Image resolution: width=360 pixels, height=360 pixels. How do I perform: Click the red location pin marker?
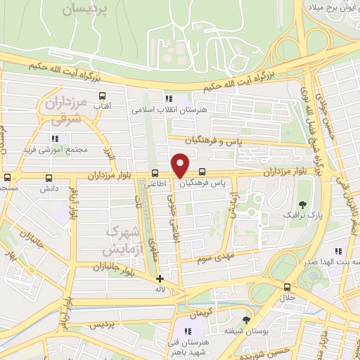coord(180,165)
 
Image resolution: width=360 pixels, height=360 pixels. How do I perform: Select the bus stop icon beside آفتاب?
coord(103,96)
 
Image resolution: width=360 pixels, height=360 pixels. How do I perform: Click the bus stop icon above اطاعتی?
coord(155,173)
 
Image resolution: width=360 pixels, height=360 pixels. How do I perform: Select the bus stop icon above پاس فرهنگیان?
coord(202,171)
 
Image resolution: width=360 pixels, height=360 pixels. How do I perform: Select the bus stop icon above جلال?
coord(287,287)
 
